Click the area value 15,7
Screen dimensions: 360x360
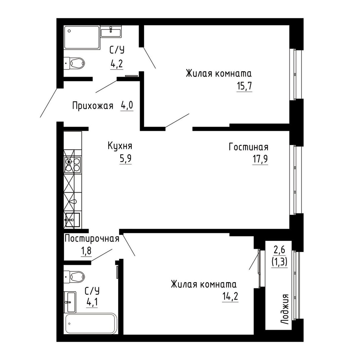click(244, 86)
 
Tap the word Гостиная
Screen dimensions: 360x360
click(248, 147)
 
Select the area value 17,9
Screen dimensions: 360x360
click(260, 159)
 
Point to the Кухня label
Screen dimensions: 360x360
click(120, 146)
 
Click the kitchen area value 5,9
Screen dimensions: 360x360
click(126, 158)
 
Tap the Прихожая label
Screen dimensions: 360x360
click(93, 106)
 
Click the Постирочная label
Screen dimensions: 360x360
click(92, 239)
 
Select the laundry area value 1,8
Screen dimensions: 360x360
click(86, 251)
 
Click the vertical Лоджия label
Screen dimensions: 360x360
click(285, 309)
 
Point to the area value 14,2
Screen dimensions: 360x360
click(230, 296)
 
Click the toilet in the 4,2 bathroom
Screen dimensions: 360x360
click(75, 63)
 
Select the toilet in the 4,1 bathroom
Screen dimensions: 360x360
click(75, 277)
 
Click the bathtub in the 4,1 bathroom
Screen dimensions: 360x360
click(91, 324)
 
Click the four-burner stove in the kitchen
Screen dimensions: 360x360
click(73, 165)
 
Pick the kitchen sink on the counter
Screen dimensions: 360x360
click(73, 220)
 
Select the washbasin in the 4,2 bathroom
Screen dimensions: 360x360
click(111, 31)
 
